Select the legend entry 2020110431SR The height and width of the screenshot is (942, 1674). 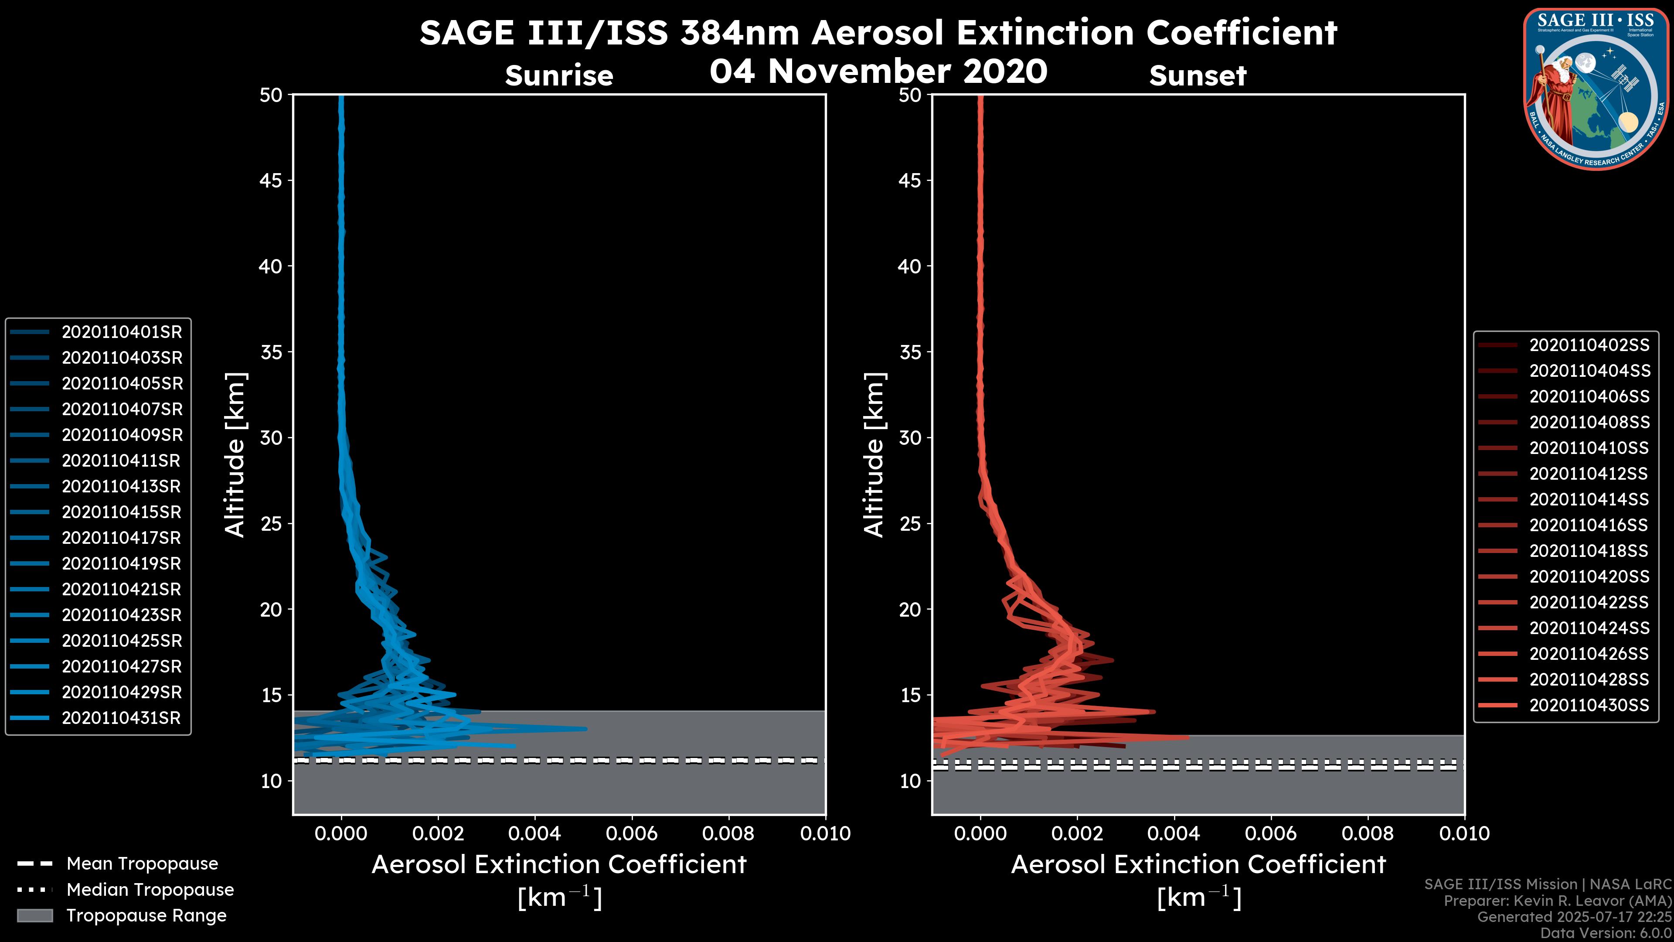pos(122,718)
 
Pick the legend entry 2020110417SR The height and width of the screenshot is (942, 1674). pos(122,538)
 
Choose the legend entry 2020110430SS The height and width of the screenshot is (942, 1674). pos(1589,705)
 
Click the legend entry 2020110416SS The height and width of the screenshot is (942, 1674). pos(1589,525)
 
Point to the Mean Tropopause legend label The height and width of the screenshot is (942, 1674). pos(142,864)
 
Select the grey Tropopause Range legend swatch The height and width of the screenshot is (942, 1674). pos(35,916)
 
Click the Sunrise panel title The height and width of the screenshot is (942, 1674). pos(559,76)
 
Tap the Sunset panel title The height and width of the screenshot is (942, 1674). pos(1198,76)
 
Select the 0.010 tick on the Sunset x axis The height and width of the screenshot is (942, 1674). pos(1464,833)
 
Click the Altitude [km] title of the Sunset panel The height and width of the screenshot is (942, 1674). pos(874,454)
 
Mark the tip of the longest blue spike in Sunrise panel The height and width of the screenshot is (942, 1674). pos(586,729)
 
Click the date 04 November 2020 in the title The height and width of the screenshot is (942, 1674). pos(878,72)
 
